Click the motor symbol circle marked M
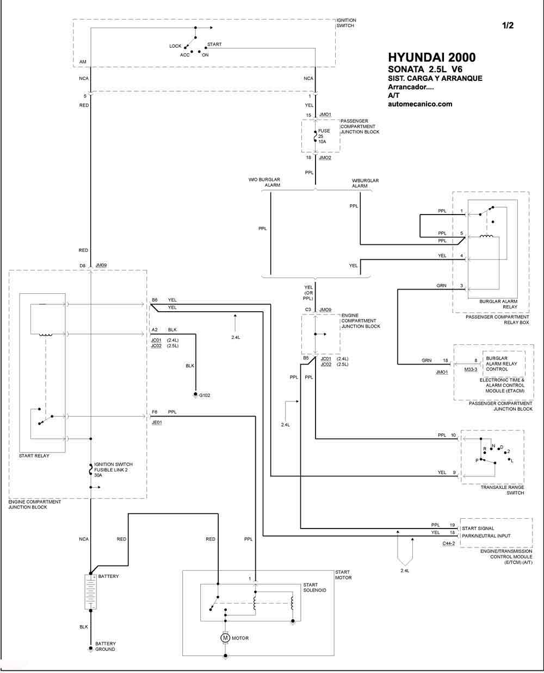pos(225,638)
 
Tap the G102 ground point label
pos(205,395)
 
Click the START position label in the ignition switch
pos(214,44)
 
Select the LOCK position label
pos(175,46)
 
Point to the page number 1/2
pos(508,26)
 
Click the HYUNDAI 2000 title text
pos(431,58)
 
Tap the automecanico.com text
pos(420,104)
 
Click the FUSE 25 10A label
pos(324,136)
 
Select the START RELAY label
pos(34,456)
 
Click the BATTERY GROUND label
pos(106,646)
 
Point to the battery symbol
pos(90,592)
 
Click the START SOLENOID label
pos(314,587)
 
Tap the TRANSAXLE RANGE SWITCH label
pos(502,490)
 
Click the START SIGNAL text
pos(478,529)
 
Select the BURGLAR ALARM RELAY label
pos(498,304)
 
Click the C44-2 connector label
pos(448,544)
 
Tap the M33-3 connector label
pos(471,369)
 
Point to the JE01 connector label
pos(157,422)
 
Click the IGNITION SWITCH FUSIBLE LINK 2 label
pos(113,469)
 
